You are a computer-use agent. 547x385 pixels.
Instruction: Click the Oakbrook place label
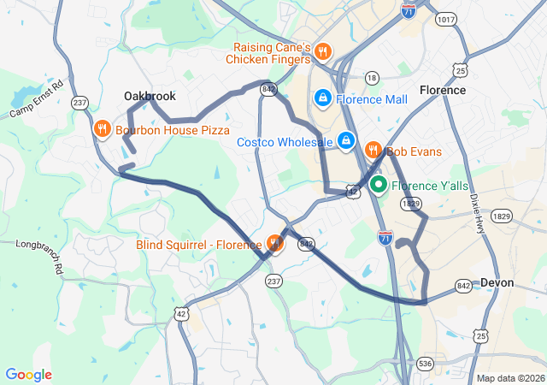pos(150,96)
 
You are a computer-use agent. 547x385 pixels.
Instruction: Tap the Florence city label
pos(443,90)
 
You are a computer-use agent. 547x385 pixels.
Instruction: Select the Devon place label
pos(497,282)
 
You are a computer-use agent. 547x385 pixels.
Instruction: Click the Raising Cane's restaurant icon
pos(322,50)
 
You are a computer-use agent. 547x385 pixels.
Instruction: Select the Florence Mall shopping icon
pos(323,99)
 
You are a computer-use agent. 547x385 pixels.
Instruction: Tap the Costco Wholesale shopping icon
pos(346,140)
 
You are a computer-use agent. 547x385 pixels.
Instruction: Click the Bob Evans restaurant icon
pos(373,151)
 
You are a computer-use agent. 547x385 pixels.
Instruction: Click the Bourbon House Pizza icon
pos(102,130)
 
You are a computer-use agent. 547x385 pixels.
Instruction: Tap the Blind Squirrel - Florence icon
pos(274,245)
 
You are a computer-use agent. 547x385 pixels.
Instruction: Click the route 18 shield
pos(371,78)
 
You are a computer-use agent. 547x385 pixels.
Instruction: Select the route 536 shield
pos(426,364)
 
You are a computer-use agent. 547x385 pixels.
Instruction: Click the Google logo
pos(28,375)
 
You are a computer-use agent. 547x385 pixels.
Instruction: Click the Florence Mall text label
pos(372,99)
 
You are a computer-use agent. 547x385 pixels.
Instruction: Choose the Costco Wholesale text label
pos(285,142)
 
